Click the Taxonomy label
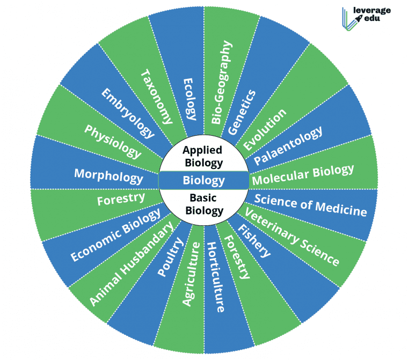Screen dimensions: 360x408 pyautogui.click(x=157, y=97)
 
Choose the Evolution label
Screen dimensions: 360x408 pyautogui.click(x=265, y=129)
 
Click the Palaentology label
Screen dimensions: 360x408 pyautogui.click(x=288, y=146)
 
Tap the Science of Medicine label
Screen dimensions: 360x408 pyautogui.click(x=310, y=204)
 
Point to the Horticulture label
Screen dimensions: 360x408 pyautogui.click(x=215, y=277)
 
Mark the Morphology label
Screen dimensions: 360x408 pyautogui.click(x=108, y=175)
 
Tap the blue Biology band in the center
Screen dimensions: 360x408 pyautogui.click(x=203, y=180)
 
